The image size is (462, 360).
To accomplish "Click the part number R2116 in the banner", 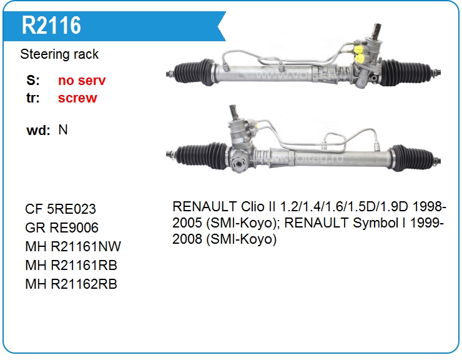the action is [x=51, y=26].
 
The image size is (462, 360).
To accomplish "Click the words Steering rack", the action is [x=59, y=54].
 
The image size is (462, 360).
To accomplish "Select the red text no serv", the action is [x=82, y=81].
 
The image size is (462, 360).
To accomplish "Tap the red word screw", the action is [x=77, y=98].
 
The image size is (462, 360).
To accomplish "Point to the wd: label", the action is [x=38, y=130].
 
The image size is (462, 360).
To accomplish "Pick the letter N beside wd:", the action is [x=63, y=129].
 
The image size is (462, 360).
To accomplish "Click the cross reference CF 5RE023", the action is [x=61, y=209].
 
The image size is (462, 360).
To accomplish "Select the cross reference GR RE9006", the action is [x=62, y=227].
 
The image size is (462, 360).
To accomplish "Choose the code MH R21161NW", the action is [x=73, y=247].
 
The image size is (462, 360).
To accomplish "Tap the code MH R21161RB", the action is [x=71, y=265].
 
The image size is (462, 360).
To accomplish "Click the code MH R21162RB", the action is [x=71, y=284].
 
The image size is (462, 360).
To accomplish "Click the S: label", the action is [x=33, y=81].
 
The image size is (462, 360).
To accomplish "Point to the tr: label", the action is [x=33, y=98].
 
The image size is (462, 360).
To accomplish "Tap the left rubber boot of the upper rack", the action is [x=194, y=72].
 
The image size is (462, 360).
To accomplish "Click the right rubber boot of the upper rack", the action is [x=406, y=72].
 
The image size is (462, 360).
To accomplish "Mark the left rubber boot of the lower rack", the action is [x=202, y=156].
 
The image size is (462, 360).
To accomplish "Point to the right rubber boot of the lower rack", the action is [x=413, y=157].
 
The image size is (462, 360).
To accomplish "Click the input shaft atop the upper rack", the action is [x=376, y=31].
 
